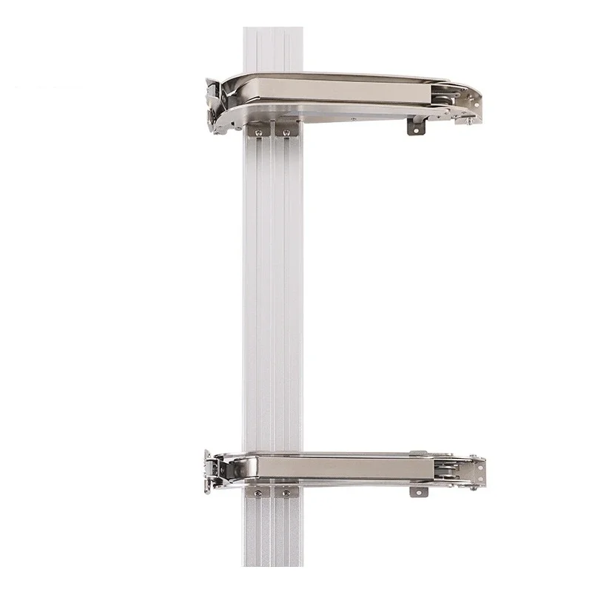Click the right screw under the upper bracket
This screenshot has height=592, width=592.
pyautogui.click(x=283, y=133)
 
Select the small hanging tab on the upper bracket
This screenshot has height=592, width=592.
pyautogui.click(x=417, y=127)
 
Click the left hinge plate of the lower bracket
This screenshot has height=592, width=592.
pyautogui.click(x=215, y=469)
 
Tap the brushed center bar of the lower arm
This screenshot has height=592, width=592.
pyautogui.click(x=340, y=466)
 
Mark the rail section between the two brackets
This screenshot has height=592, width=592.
pyautogui.click(x=272, y=296)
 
